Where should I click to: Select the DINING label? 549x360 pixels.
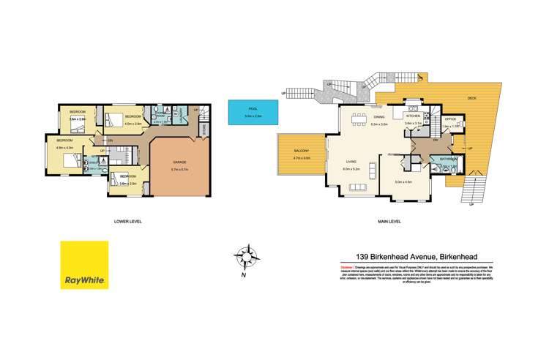[379, 117]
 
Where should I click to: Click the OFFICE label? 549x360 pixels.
[451, 118]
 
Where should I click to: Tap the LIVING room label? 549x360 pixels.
[351, 162]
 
